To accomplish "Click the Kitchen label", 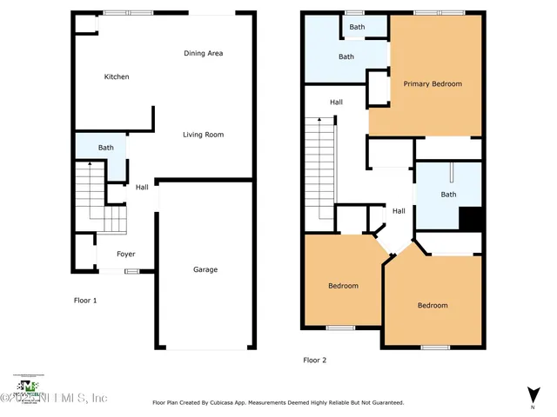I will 117,77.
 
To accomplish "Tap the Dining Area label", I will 203,54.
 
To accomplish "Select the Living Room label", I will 203,135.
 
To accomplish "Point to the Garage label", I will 205,269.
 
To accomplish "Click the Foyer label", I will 126,255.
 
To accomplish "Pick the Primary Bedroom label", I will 433,84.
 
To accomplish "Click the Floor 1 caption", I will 84,301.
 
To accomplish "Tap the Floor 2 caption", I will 314,360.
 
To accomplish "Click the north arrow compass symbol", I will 532,394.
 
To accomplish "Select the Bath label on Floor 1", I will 105,149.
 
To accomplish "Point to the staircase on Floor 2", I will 319,169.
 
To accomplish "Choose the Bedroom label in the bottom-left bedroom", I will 343,286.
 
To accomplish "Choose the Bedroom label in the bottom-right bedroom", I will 433,305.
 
